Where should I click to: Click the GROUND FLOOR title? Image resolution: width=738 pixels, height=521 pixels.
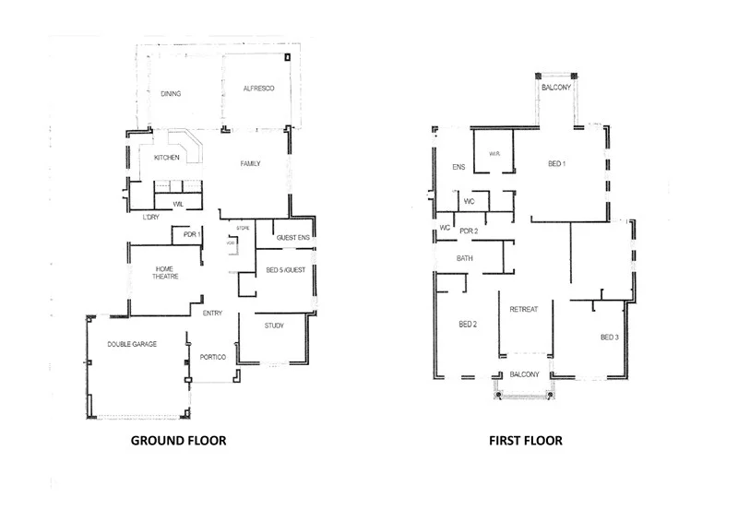pos(178,441)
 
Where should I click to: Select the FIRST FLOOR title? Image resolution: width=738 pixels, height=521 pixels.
pos(526,441)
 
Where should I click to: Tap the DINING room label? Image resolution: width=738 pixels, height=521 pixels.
pos(171,93)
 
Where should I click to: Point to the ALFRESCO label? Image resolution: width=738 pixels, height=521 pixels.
pos(255,89)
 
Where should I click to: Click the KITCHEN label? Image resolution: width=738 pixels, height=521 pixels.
pos(167,159)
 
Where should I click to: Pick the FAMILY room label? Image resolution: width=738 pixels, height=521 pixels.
pos(250,163)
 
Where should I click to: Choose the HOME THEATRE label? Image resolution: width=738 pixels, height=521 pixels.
pos(166,272)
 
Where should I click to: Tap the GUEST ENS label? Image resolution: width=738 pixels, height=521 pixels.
pos(292,238)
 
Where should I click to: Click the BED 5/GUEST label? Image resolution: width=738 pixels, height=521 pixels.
pos(286,269)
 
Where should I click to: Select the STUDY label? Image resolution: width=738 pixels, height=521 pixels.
pos(274,326)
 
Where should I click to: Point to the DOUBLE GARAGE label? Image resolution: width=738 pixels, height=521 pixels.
pos(131,343)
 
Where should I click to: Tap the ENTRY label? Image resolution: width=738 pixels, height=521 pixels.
pos(212,314)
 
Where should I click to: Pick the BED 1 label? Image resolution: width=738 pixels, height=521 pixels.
pos(557,163)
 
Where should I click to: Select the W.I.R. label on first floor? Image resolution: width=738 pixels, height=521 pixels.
pos(494,154)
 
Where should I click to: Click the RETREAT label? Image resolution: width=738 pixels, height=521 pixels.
pos(523,310)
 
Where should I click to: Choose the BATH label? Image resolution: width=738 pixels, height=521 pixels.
pos(465,258)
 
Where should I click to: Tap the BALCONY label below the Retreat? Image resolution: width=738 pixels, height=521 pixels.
pos(524,373)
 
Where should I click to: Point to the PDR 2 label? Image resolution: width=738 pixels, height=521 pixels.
pos(469,230)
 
